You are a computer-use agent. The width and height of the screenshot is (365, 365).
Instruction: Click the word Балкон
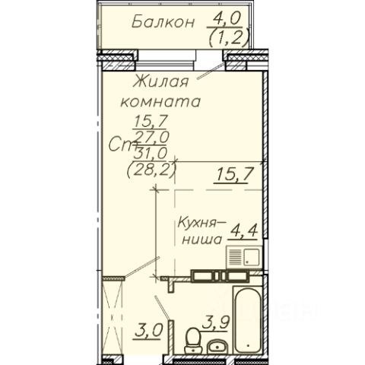(163, 22)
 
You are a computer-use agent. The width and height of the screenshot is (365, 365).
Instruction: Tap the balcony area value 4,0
(227, 19)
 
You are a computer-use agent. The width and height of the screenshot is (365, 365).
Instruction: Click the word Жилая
(160, 81)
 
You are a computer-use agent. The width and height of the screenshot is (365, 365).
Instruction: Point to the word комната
(160, 101)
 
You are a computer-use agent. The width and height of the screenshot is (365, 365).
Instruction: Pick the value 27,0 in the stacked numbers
(152, 137)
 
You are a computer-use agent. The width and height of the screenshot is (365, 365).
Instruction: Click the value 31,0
(151, 154)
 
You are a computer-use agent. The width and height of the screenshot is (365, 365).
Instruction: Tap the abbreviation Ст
(121, 145)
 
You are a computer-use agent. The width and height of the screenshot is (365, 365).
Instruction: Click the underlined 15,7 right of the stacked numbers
(234, 174)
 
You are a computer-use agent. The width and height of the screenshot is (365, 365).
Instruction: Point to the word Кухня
(196, 224)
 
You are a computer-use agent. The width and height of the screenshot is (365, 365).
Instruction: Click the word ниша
(202, 240)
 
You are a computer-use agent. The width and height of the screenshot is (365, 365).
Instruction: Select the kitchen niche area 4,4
(243, 230)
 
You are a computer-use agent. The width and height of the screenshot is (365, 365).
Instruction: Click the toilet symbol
(192, 341)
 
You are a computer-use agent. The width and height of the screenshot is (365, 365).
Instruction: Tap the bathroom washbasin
(217, 347)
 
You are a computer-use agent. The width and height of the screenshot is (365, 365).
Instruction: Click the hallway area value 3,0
(148, 331)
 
